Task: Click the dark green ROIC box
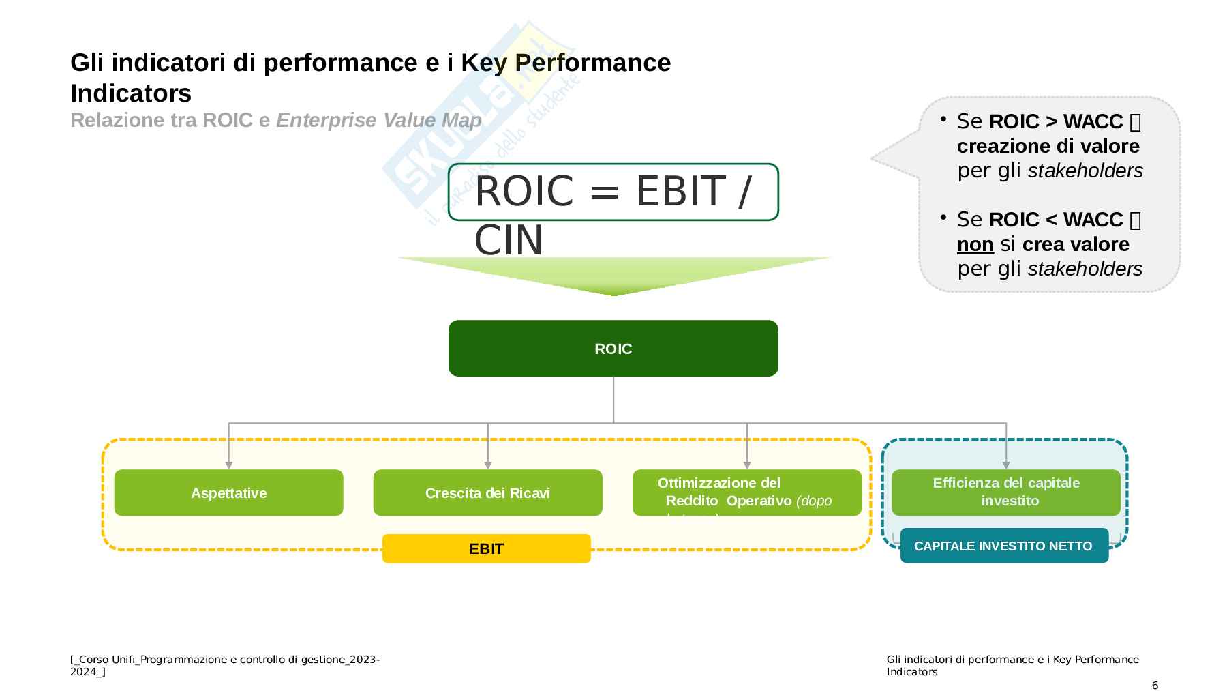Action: coord(613,349)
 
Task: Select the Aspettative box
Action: coord(228,492)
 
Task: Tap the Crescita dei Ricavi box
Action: coord(487,492)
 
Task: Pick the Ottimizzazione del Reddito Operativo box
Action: coord(746,492)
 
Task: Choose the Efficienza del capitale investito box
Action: coord(1005,492)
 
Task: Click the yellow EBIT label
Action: coord(486,548)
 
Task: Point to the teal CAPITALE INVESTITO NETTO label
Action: coord(1003,546)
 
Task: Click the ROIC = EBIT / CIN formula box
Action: coord(613,192)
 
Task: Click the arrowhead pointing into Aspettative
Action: coord(229,465)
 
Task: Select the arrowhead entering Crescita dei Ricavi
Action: coord(488,465)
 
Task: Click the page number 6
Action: coord(1155,685)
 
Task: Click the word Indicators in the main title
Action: coord(131,93)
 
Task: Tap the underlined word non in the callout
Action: coord(975,244)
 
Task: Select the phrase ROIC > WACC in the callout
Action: coord(1055,121)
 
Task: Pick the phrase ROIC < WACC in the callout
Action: coord(1055,220)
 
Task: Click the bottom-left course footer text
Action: coord(225,665)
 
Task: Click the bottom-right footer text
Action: coord(1012,665)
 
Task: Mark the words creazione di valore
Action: coord(1048,146)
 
